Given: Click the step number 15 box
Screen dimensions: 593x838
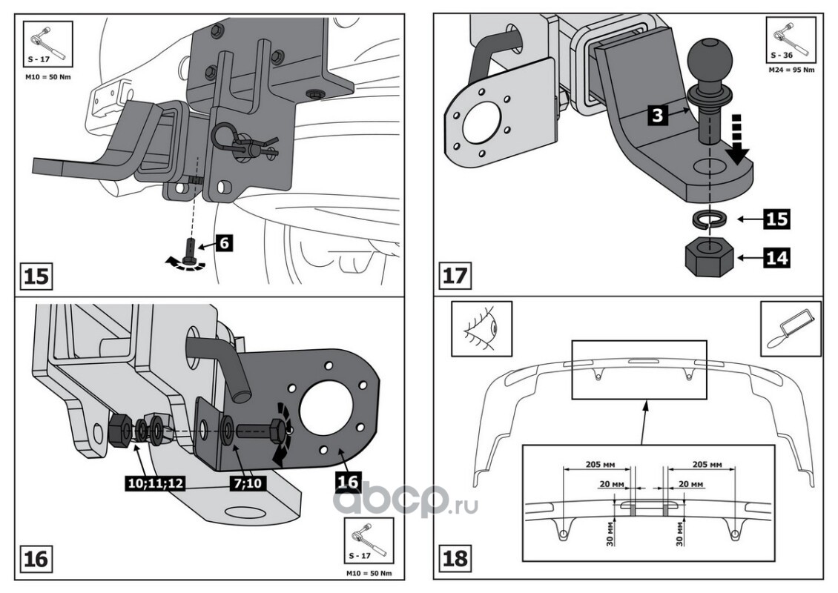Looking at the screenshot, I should tap(36, 276).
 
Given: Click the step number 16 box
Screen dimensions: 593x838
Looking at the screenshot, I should tap(36, 558).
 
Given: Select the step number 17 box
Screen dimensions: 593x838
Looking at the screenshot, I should tap(454, 276).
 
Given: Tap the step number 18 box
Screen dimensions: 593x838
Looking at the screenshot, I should tap(454, 558).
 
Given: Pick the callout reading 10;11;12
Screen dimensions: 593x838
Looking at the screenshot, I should tap(154, 483).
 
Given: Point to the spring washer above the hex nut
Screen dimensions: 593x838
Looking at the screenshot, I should tap(708, 220).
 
